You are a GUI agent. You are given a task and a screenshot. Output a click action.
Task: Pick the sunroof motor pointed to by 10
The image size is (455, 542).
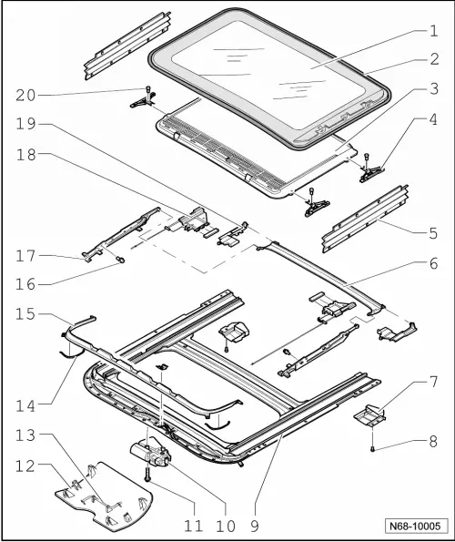click(151, 454)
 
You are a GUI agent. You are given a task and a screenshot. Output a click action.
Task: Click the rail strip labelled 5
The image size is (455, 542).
click(354, 220)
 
